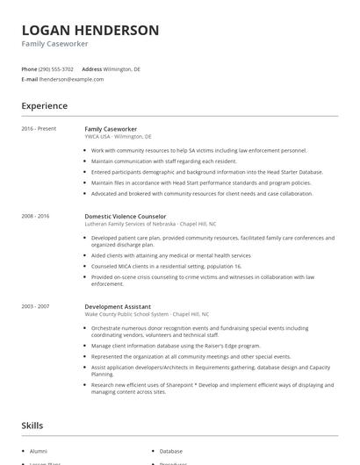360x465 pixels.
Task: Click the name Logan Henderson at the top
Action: pyautogui.click(x=90, y=30)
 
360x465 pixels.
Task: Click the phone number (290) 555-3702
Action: pyautogui.click(x=56, y=68)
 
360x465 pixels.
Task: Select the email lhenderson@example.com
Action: pyautogui.click(x=71, y=79)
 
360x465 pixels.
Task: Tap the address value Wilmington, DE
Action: pyautogui.click(x=122, y=68)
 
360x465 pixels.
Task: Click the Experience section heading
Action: pyautogui.click(x=44, y=106)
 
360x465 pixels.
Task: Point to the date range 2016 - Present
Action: pyautogui.click(x=39, y=129)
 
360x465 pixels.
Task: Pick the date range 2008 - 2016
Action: pyautogui.click(x=35, y=215)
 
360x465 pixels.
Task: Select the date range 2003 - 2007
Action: pyautogui.click(x=35, y=306)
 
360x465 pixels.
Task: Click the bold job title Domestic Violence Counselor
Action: pyautogui.click(x=125, y=215)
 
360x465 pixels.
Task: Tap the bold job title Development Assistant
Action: pyautogui.click(x=118, y=306)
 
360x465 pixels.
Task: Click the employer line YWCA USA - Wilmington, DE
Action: pyautogui.click(x=118, y=137)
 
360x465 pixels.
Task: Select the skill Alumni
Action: pyautogui.click(x=40, y=451)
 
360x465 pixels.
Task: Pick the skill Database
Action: pyautogui.click(x=171, y=451)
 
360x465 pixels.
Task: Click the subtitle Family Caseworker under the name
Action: pyautogui.click(x=54, y=44)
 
